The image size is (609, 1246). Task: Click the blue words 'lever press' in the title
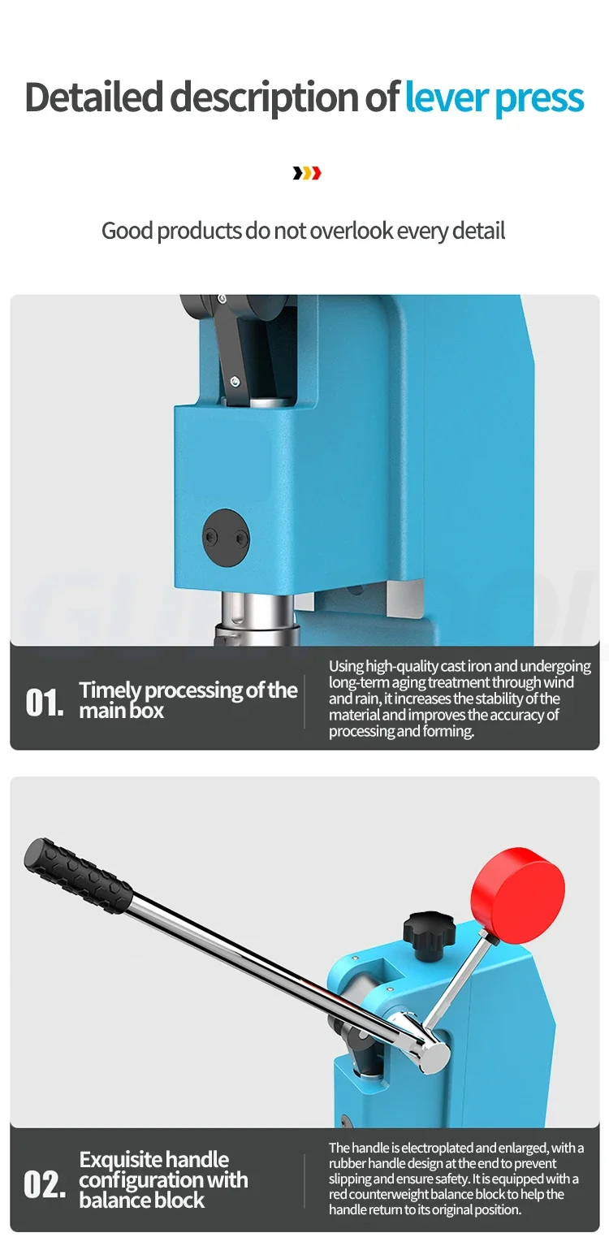click(x=495, y=98)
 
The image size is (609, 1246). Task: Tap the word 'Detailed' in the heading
click(x=93, y=96)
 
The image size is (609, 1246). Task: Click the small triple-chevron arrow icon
click(x=307, y=174)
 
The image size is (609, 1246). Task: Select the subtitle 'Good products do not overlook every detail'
click(x=303, y=231)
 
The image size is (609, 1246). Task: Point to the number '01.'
click(x=45, y=703)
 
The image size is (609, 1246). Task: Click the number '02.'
click(x=45, y=1184)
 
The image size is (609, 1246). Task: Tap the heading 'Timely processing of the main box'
click(x=188, y=700)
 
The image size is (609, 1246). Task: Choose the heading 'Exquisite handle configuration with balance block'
click(x=163, y=1179)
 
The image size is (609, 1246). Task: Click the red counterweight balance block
click(x=518, y=896)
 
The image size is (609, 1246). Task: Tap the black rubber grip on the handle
click(x=79, y=876)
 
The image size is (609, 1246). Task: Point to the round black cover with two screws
click(x=226, y=538)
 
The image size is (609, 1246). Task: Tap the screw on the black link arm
click(x=235, y=381)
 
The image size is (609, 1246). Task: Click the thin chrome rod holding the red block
click(x=456, y=981)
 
